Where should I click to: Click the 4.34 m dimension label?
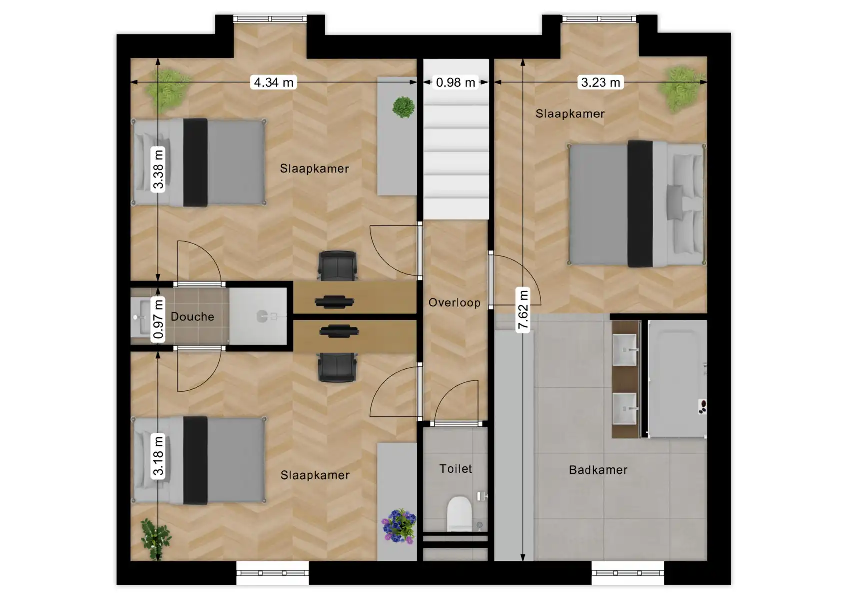coord(273,82)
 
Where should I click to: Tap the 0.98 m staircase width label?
coord(455,82)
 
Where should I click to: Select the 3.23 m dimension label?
coord(600,82)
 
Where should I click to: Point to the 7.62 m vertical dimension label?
coord(523,310)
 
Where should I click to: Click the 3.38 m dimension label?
coord(158,170)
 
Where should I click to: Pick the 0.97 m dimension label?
coord(158,319)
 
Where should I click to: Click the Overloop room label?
coord(454,303)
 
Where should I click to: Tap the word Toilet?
coord(455,469)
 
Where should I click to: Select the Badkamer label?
coord(598,470)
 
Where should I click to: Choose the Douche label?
coord(192,317)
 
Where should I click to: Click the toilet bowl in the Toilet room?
coord(459,513)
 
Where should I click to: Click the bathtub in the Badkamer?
coord(677,379)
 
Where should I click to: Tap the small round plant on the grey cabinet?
coord(403,107)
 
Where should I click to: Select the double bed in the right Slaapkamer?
coord(636,204)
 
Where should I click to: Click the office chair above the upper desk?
coord(337,266)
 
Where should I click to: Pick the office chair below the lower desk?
coord(338,367)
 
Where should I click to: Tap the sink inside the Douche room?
coord(139,317)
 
